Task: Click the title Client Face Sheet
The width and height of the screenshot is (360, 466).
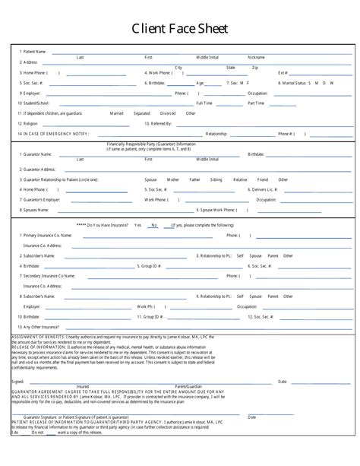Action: tap(179, 29)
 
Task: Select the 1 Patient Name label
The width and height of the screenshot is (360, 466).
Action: tap(33, 52)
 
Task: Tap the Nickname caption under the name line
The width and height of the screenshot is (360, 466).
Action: tap(256, 57)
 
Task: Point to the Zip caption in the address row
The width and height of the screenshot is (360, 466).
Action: tap(255, 68)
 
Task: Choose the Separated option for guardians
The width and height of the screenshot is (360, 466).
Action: tap(142, 113)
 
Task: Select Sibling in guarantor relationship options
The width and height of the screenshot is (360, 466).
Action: tap(216, 179)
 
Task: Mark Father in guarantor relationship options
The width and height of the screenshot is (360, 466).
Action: tap(195, 179)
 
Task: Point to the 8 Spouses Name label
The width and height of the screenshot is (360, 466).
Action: tap(35, 209)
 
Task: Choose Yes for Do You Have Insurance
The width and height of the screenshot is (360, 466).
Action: tap(138, 226)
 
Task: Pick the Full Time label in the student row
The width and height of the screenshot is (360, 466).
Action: tap(204, 103)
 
